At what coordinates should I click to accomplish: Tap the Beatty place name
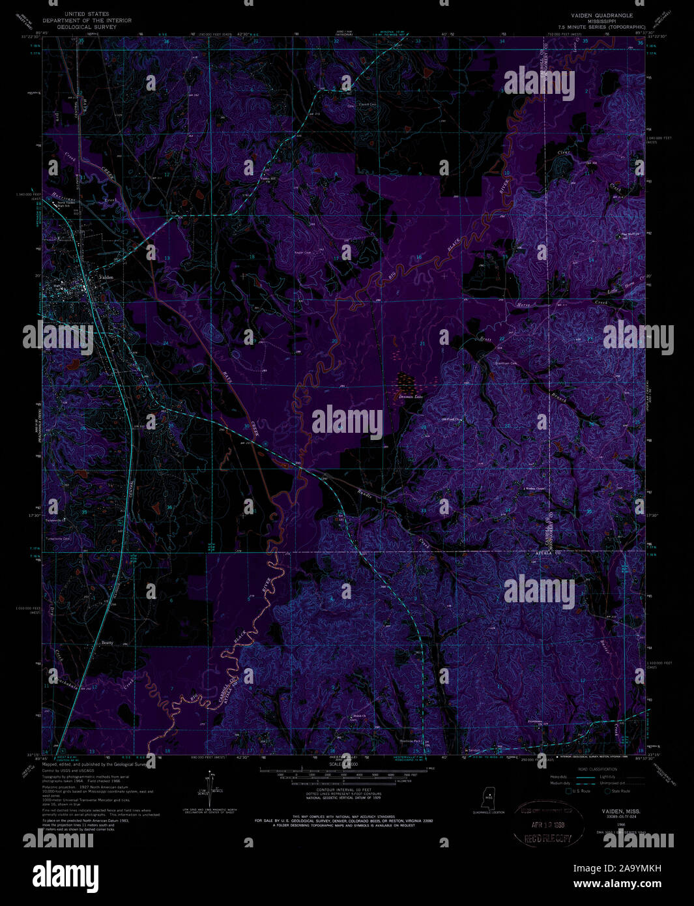[x=107, y=643]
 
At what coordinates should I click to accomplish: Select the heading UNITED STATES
[x=87, y=14]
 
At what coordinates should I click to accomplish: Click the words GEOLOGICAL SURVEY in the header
[x=87, y=27]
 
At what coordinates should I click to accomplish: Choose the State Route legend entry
[x=621, y=791]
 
